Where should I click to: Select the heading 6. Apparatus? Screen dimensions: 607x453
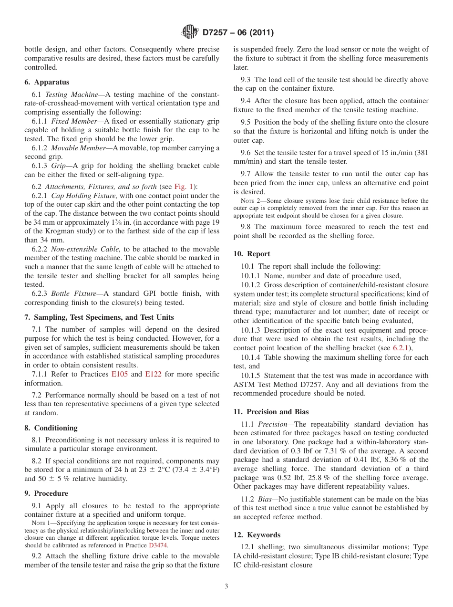tap(47, 82)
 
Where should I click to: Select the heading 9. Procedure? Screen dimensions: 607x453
tap(46, 493)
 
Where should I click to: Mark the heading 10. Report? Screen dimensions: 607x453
tap(252, 254)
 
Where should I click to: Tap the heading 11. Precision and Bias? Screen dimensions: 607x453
tap(271, 412)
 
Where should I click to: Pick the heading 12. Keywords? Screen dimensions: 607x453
tap(257, 535)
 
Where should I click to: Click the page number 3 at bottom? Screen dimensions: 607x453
tap(226, 586)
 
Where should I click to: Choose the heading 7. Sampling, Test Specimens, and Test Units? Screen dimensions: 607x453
tap(99, 317)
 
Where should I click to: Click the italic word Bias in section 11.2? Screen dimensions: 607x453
tap(267, 499)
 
